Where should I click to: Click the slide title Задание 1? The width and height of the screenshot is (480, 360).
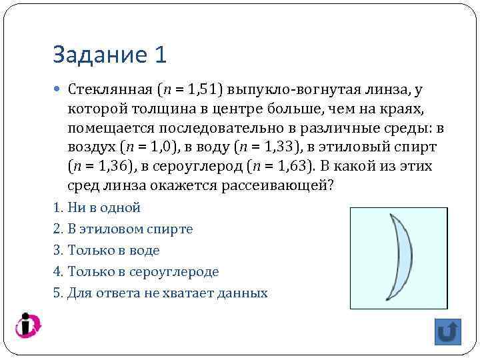(x=109, y=55)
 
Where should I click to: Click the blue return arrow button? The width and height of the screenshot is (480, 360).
(x=448, y=331)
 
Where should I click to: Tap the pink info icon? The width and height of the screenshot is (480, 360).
(x=28, y=325)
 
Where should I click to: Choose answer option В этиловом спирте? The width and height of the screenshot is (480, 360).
(x=130, y=229)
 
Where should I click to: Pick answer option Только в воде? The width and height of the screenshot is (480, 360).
(x=113, y=250)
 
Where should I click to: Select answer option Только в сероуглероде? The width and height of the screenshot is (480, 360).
(x=143, y=271)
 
